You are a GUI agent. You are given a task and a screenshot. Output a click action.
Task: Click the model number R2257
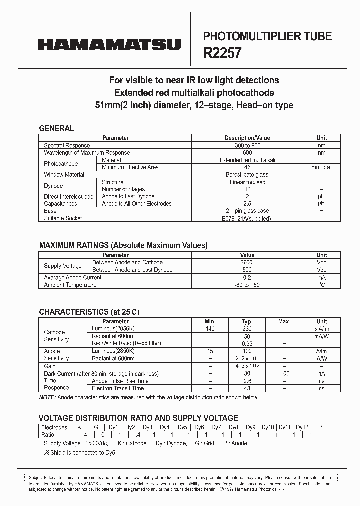tap(222, 53)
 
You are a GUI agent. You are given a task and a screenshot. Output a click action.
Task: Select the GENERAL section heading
tap(56, 128)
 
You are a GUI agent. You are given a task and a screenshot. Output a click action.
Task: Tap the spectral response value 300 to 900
tap(247, 145)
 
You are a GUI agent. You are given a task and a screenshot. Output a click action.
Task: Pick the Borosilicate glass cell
tap(247, 175)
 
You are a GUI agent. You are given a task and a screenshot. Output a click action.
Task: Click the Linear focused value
tap(247, 182)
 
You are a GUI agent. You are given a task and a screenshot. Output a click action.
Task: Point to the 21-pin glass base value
tap(247, 211)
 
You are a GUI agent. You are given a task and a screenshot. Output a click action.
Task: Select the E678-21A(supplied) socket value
tap(247, 218)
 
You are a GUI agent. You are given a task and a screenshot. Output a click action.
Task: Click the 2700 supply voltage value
tap(247, 262)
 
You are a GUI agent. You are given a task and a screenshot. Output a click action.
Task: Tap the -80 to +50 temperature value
tap(247, 285)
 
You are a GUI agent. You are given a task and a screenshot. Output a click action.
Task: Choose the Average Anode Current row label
tap(73, 277)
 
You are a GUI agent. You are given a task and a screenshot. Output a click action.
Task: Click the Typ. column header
tap(247, 321)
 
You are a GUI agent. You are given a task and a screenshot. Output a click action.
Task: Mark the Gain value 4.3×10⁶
tap(247, 366)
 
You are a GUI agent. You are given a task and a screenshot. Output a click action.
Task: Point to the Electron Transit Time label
tap(118, 388)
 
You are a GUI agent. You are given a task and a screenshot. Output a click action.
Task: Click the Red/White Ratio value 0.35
tap(247, 344)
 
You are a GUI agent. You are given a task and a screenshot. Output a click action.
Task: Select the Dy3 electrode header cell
tap(147, 427)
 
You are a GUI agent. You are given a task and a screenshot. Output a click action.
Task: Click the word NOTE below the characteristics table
tap(48, 397)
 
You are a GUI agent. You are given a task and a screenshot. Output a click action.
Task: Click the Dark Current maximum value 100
tap(284, 373)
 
